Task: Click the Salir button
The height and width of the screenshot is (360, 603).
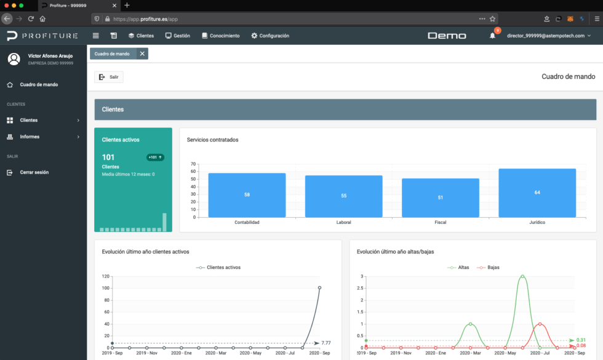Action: [x=109, y=77]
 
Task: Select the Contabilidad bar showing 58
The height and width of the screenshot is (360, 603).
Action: [x=247, y=195]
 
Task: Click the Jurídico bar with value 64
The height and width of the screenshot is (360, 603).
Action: [x=537, y=193]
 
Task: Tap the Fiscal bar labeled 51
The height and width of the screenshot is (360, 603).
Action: [x=440, y=198]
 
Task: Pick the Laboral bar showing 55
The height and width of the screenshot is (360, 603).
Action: [x=343, y=196]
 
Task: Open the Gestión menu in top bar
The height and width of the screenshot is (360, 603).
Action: [x=177, y=36]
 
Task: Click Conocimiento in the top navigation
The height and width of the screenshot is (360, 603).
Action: [x=220, y=36]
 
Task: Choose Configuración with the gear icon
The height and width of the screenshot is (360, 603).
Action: [x=270, y=36]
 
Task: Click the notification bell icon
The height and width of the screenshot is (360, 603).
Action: [x=492, y=36]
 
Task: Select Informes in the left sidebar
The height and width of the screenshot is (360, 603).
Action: [x=30, y=137]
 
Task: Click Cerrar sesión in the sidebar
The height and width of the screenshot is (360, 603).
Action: [x=34, y=172]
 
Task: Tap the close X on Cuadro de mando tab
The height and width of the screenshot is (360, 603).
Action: [x=142, y=54]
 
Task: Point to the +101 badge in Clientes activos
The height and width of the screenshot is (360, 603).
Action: [x=155, y=158]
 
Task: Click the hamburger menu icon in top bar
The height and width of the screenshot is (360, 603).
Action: [x=95, y=36]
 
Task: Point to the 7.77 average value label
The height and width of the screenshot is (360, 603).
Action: [x=327, y=342]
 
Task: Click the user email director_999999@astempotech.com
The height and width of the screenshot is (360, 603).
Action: [x=545, y=36]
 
